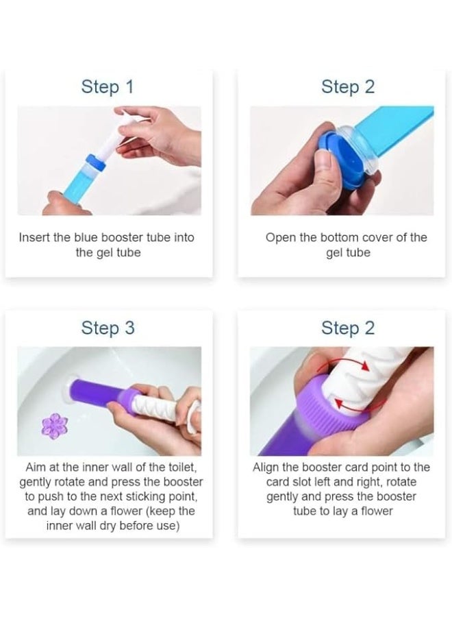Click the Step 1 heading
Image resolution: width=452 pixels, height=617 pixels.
point(107,87)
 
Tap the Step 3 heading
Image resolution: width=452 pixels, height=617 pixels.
point(108,328)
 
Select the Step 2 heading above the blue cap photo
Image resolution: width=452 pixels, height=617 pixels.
point(348,87)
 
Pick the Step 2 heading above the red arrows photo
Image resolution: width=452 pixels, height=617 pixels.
point(348,328)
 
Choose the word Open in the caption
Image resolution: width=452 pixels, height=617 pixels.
point(280,237)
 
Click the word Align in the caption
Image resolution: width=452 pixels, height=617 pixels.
point(268,467)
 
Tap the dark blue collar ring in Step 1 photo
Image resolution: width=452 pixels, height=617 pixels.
point(92,166)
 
